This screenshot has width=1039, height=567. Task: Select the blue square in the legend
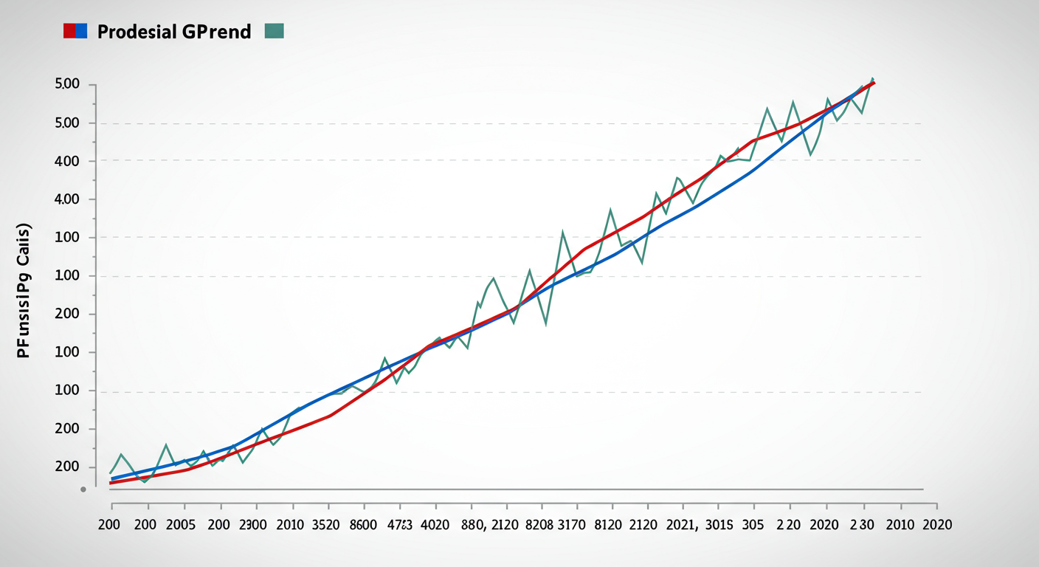pos(81,31)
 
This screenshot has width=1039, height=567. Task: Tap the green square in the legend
pos(274,31)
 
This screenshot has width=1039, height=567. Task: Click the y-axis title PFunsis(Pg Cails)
pos(24,290)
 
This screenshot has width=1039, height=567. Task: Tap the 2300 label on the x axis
pos(253,525)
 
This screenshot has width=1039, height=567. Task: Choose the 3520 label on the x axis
pos(325,525)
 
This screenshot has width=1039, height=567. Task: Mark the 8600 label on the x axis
pos(362,525)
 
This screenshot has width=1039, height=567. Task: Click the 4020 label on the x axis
pos(434,525)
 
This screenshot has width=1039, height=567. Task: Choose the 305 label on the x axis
pos(753,525)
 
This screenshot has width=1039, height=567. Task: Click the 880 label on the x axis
pos(472,525)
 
